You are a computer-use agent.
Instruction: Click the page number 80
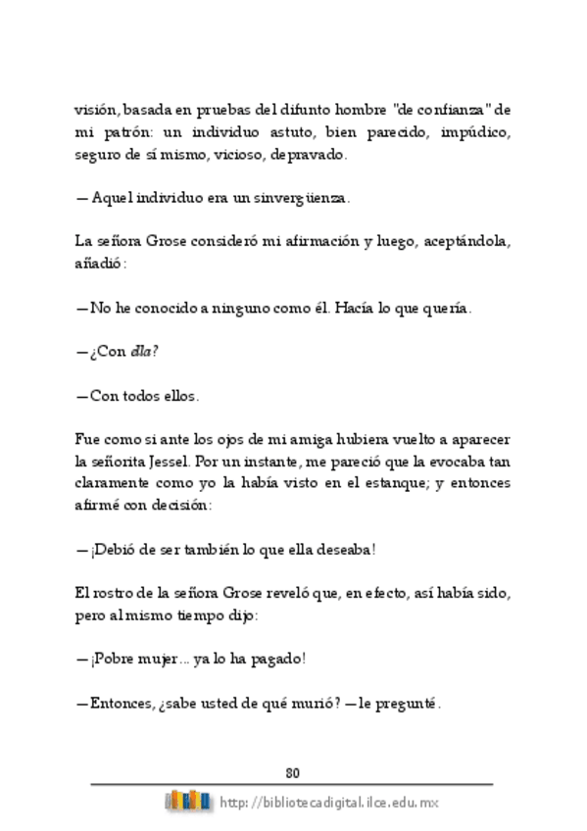[x=293, y=769]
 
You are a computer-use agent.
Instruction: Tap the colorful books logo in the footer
[x=188, y=800]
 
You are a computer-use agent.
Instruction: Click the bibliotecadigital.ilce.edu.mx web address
[x=329, y=802]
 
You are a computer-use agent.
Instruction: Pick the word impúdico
[x=477, y=130]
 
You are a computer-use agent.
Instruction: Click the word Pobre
[x=115, y=659]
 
